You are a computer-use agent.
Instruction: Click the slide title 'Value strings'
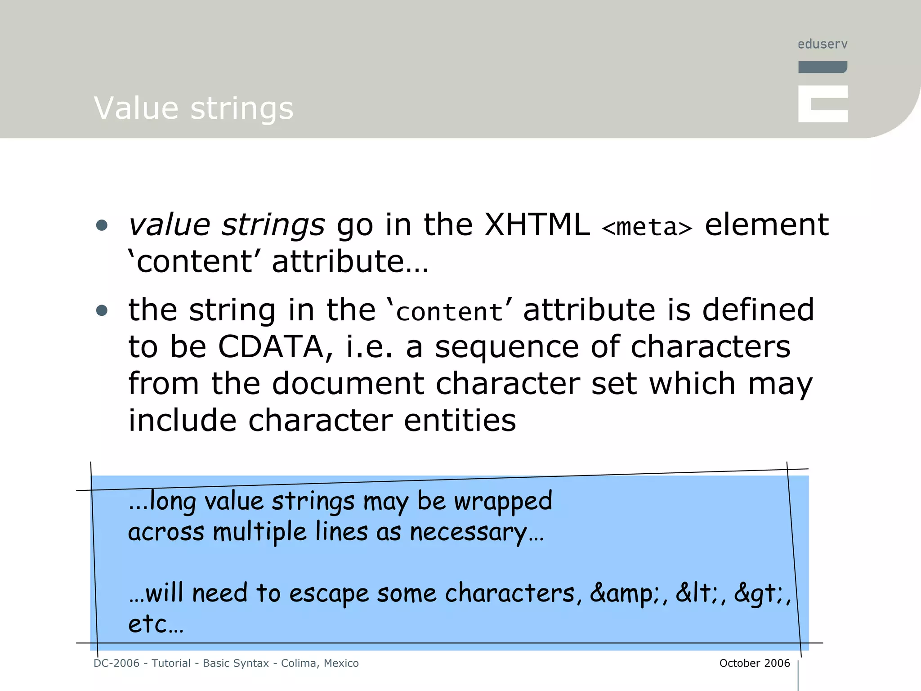coord(193,108)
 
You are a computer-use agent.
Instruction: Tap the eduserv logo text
coord(823,44)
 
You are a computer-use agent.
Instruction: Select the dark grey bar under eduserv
coord(823,67)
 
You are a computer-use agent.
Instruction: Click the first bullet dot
coord(102,225)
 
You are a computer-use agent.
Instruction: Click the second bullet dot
coord(102,310)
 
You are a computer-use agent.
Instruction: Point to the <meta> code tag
coord(647,227)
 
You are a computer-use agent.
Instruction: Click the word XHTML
coord(537,224)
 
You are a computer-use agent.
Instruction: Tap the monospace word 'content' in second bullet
coord(449,312)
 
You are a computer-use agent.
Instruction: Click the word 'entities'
coord(460,421)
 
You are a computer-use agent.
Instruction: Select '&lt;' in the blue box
coord(697,593)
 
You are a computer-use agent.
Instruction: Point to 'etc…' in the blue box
coord(156,624)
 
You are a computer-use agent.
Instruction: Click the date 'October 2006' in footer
coord(754,663)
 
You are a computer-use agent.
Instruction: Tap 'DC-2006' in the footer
coord(116,663)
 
